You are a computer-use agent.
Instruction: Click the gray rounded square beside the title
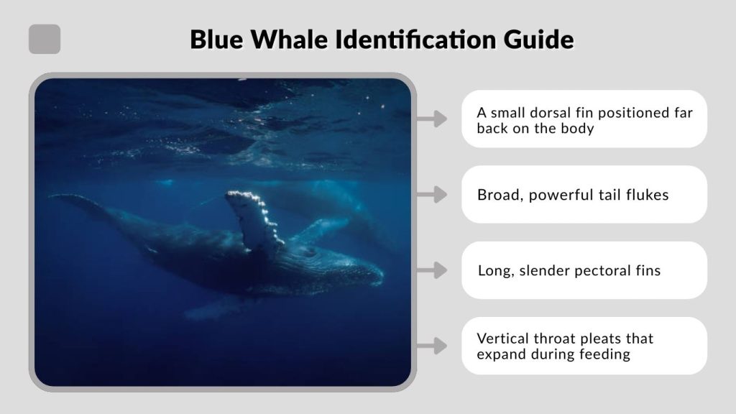tap(45, 39)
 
